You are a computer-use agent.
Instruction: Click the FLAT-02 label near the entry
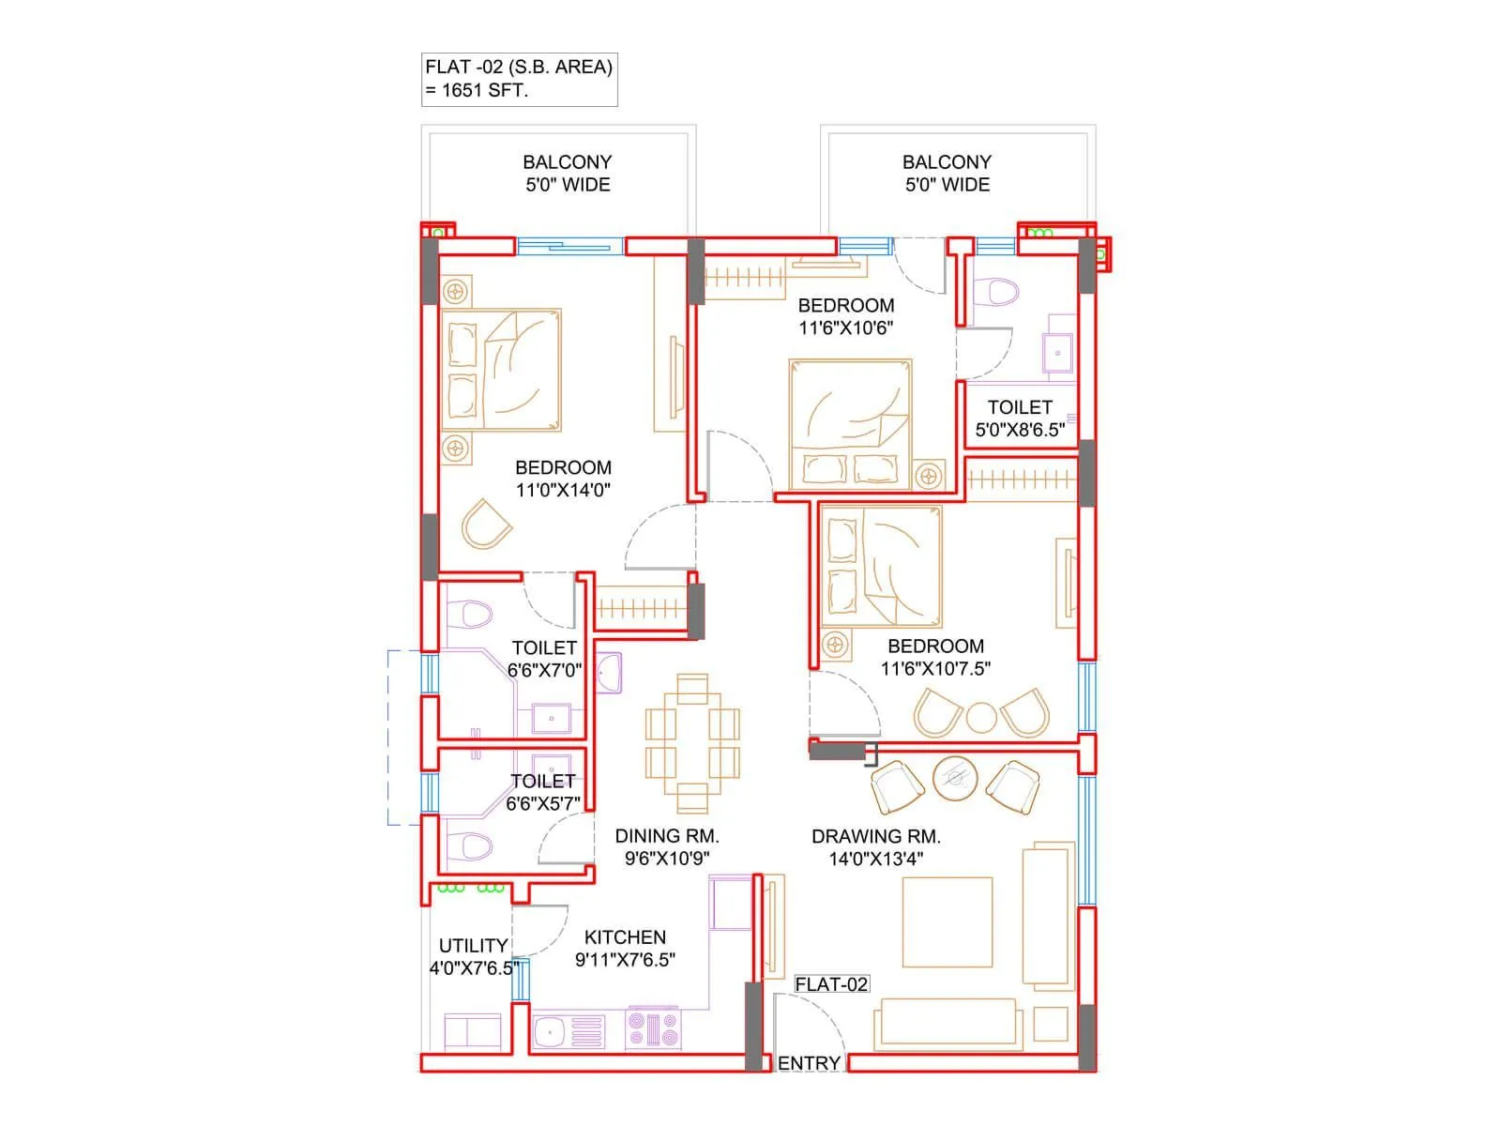tap(831, 984)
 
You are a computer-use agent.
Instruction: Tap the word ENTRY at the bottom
tap(809, 1063)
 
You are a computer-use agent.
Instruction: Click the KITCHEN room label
tap(625, 937)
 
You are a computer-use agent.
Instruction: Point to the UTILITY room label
tap(473, 946)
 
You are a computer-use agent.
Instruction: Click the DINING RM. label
tap(666, 836)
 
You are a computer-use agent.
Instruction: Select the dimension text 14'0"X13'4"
tap(876, 859)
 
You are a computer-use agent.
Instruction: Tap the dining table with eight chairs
tap(692, 743)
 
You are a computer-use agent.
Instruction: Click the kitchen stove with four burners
tap(653, 1029)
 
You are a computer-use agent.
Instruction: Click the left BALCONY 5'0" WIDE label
tap(567, 174)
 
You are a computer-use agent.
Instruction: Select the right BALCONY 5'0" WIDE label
tap(947, 174)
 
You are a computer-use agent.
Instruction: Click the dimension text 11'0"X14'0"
tap(563, 490)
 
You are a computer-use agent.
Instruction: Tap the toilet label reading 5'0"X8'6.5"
tap(1020, 430)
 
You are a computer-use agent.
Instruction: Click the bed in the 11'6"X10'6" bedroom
tap(850, 424)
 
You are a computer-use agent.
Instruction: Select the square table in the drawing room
tap(947, 921)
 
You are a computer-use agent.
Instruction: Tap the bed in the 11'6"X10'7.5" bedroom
tap(880, 567)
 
